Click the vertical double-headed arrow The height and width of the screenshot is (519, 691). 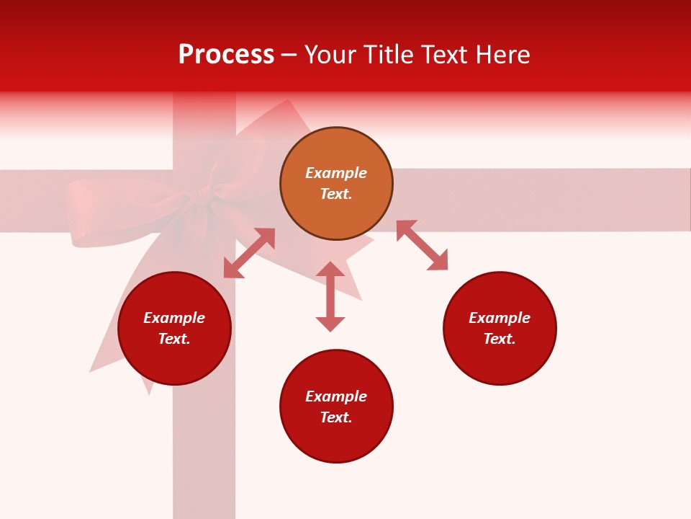click(330, 296)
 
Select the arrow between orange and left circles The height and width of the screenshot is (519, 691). click(249, 253)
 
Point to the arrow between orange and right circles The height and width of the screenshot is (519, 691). click(422, 245)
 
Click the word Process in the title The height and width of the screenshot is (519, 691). click(226, 55)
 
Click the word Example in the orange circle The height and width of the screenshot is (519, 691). click(336, 173)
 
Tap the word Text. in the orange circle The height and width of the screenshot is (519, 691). click(336, 194)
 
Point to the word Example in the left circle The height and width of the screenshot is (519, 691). click(174, 318)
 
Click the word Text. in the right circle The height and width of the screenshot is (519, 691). click(500, 339)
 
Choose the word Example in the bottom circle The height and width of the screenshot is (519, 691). click(336, 396)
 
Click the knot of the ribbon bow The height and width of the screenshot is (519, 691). click(204, 195)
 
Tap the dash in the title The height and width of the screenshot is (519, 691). click(289, 55)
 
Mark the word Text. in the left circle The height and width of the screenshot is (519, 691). click(174, 339)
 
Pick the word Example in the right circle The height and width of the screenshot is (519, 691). click(500, 318)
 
